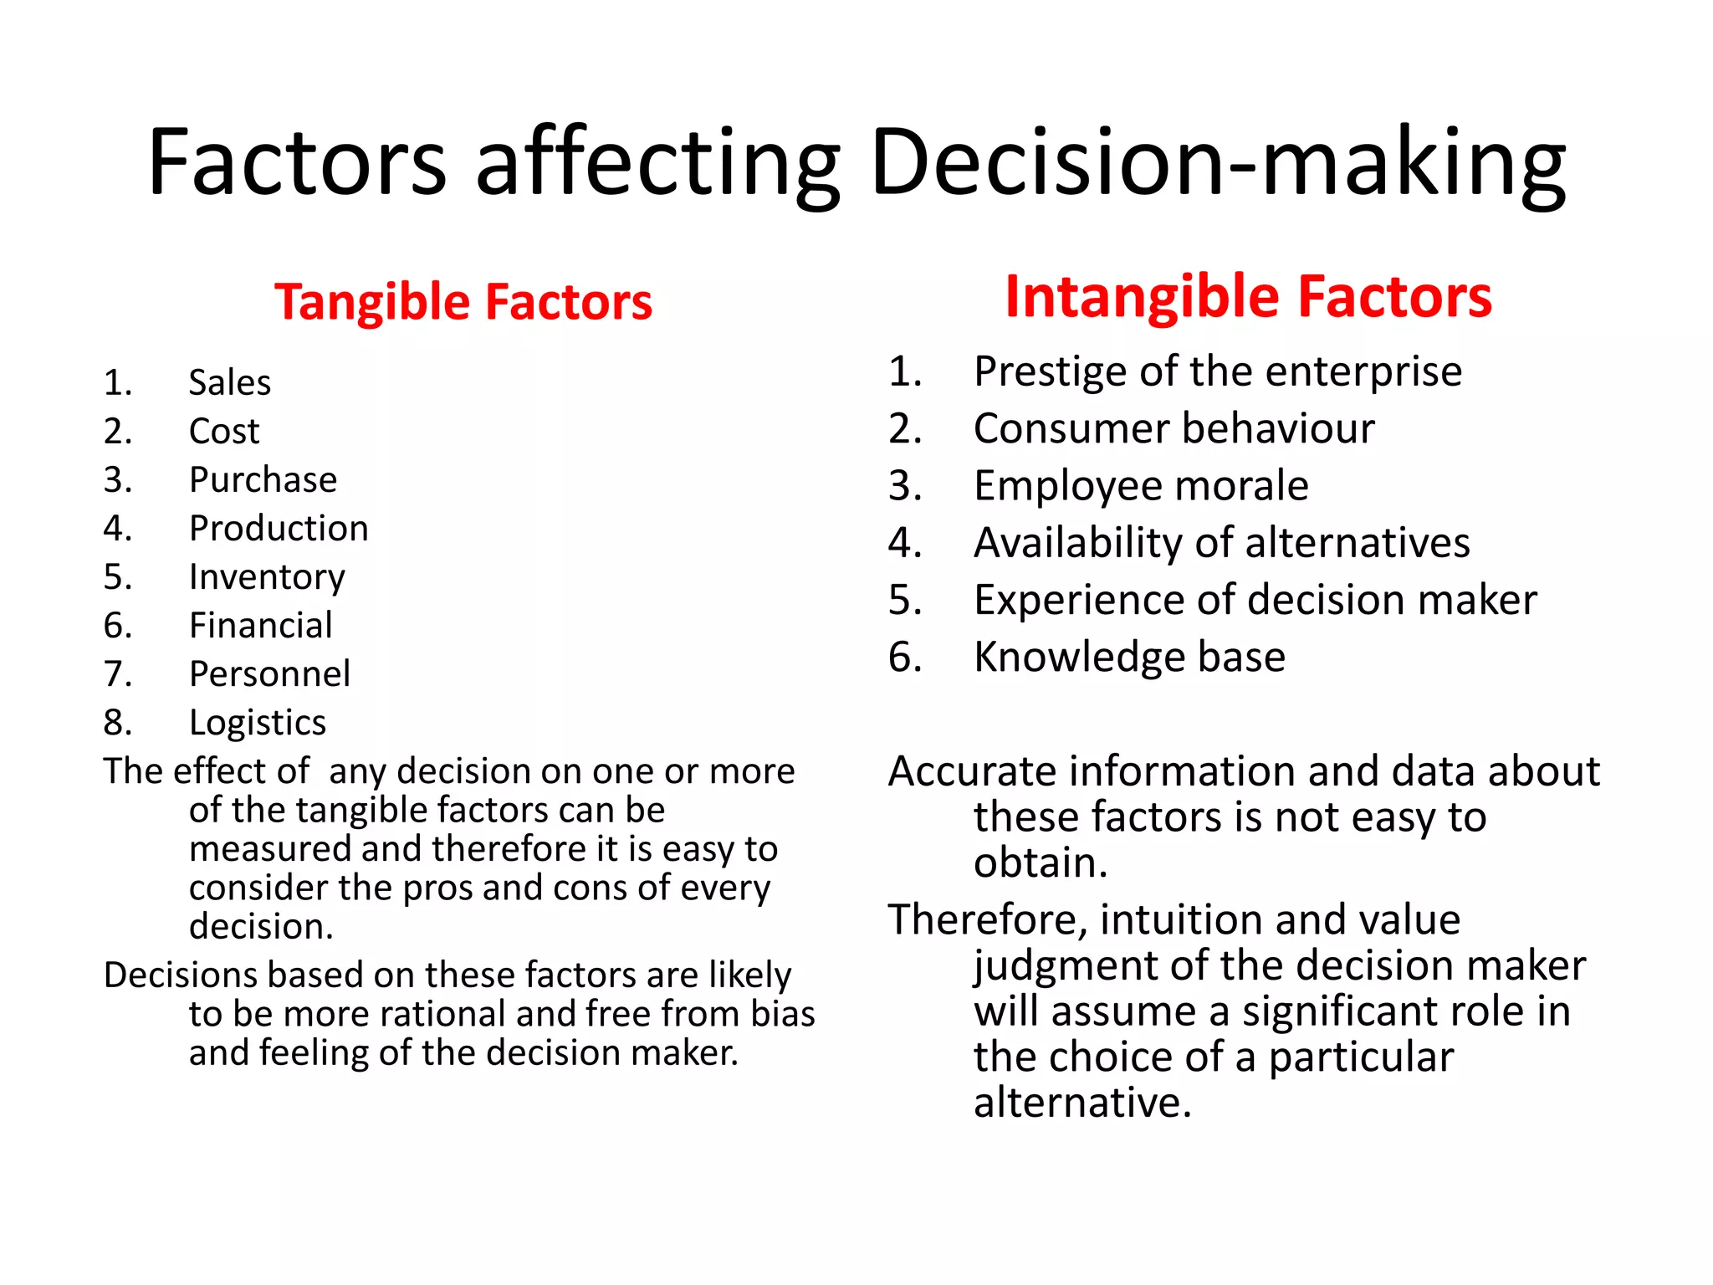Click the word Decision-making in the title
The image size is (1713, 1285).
tap(1217, 163)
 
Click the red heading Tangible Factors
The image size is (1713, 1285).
tap(463, 302)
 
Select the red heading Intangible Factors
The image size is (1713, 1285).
tap(1248, 297)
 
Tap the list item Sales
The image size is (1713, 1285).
tap(229, 383)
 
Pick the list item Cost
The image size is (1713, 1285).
tap(224, 432)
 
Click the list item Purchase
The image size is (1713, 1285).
tap(263, 480)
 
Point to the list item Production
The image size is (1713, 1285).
tap(279, 529)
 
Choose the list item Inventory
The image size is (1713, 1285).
tap(267, 577)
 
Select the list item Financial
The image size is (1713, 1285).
tap(260, 626)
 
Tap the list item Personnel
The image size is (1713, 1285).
tap(269, 674)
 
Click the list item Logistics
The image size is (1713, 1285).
tap(257, 723)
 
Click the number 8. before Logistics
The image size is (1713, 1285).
tap(118, 723)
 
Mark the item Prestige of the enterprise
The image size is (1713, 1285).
tap(1217, 371)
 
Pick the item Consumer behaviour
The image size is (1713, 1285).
tap(1174, 429)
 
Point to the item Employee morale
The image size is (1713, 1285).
tap(1141, 486)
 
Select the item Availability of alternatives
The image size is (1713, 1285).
tap(1221, 543)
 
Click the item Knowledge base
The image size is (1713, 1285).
tap(1129, 658)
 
